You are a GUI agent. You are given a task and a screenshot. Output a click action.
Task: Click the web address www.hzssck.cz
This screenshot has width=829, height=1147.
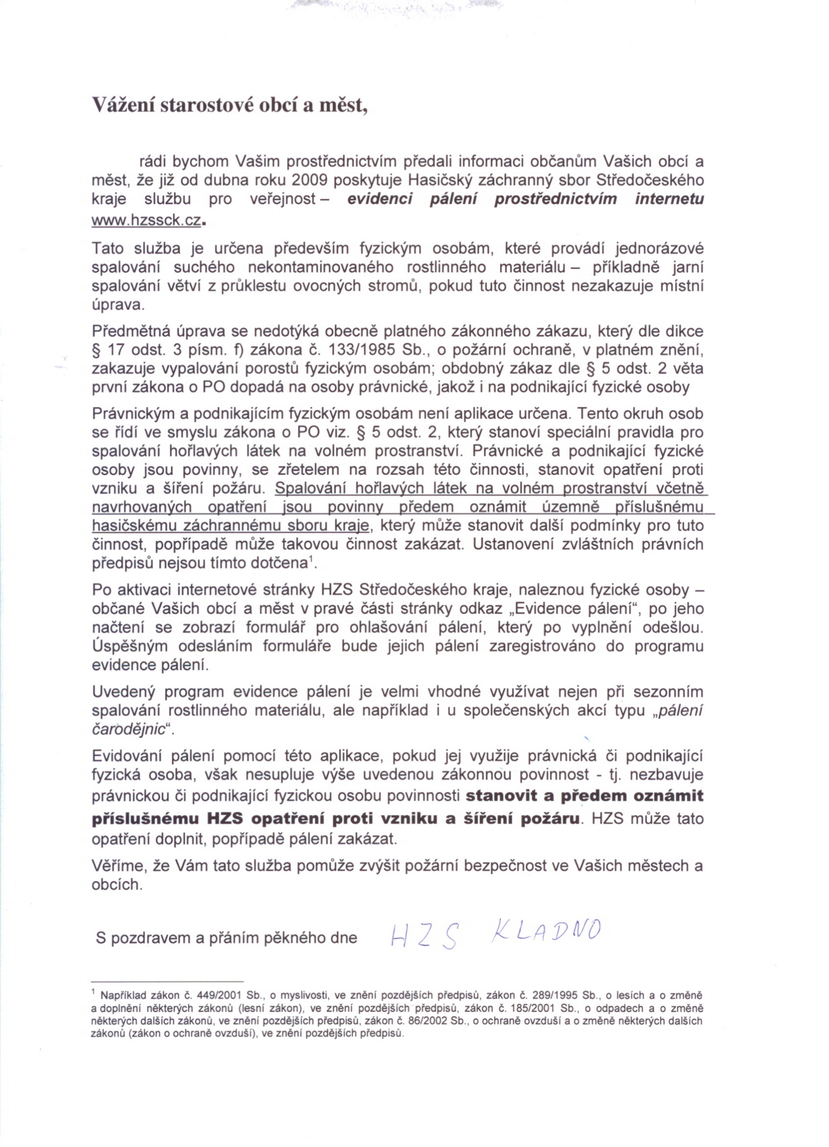[x=146, y=221]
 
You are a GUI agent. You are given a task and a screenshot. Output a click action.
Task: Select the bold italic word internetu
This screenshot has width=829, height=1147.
[x=669, y=199]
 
